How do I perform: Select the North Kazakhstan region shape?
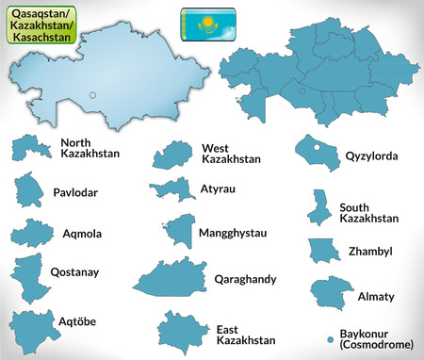[x=31, y=145]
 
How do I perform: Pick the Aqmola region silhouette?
[x=32, y=234]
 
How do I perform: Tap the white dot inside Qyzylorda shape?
[x=318, y=147]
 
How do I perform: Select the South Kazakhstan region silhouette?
[x=318, y=206]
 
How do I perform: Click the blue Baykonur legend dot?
[x=330, y=335]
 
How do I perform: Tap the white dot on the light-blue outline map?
[x=93, y=93]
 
